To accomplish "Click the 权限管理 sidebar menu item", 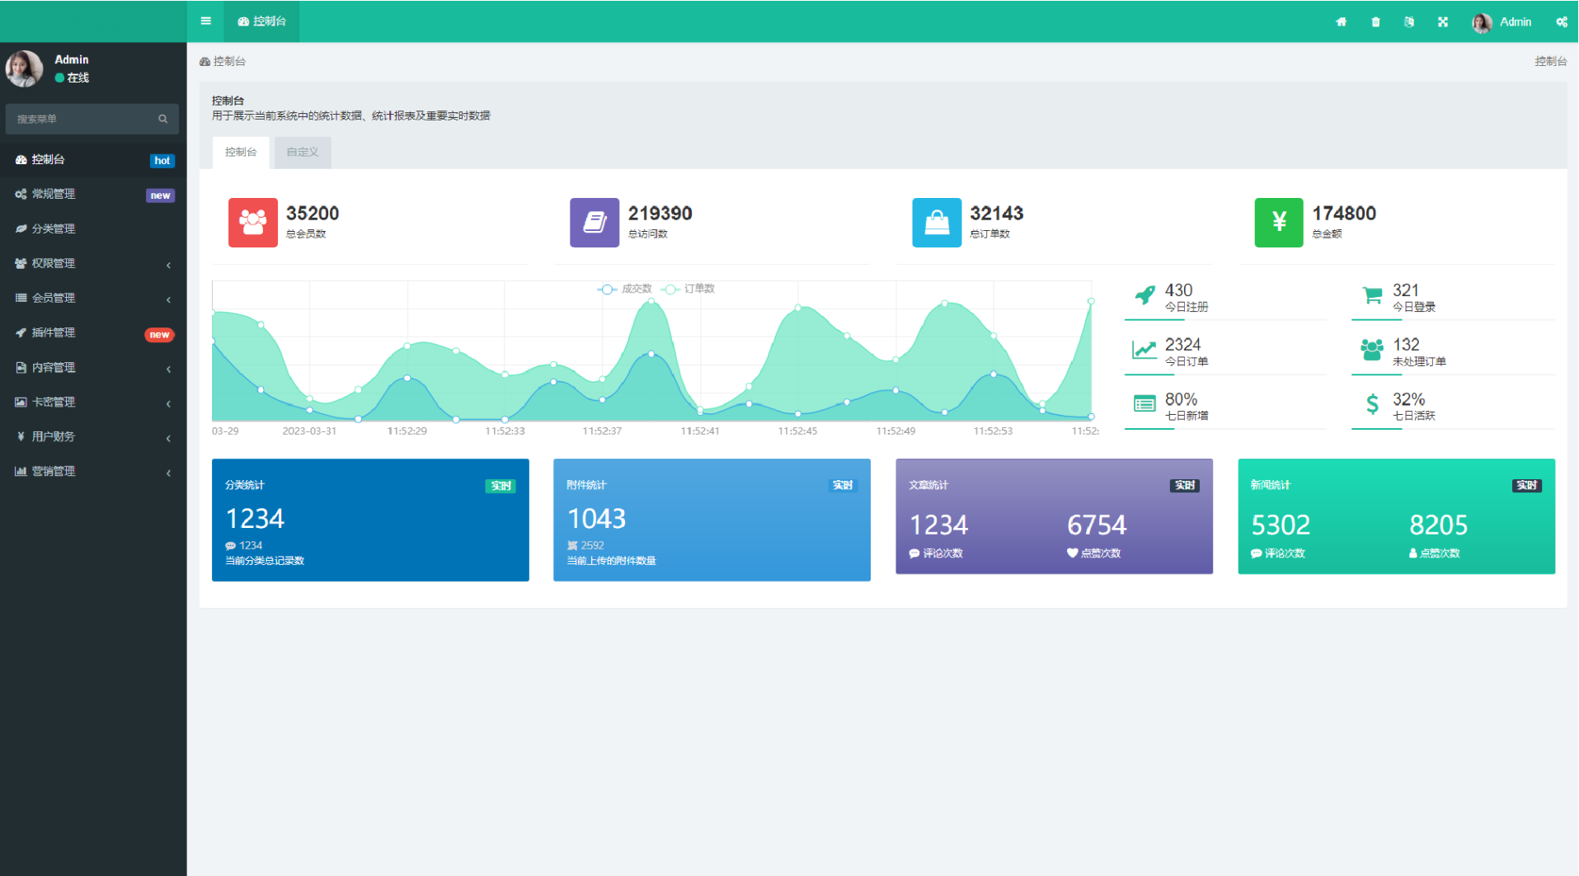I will coord(54,263).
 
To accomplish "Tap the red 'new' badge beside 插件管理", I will coord(159,334).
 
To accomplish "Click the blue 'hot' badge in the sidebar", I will coord(162,161).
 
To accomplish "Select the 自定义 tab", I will coord(303,153).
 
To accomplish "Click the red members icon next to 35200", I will coord(253,222).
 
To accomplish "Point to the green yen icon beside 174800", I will coord(1279,222).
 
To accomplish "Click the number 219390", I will coord(660,214).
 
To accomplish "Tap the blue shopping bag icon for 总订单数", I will coord(937,222).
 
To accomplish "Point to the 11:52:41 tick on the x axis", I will coord(700,431).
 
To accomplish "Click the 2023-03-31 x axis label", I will coord(309,431).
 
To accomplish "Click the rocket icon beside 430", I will coord(1144,294).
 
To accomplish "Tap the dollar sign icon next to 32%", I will coord(1372,404).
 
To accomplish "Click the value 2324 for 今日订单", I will coord(1182,345).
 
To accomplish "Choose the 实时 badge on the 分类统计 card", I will coord(500,486).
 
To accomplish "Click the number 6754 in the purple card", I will coord(1097,525).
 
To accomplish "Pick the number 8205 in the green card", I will coord(1439,525).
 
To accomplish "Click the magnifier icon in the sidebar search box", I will coord(163,119).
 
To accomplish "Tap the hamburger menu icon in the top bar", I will coord(206,21).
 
